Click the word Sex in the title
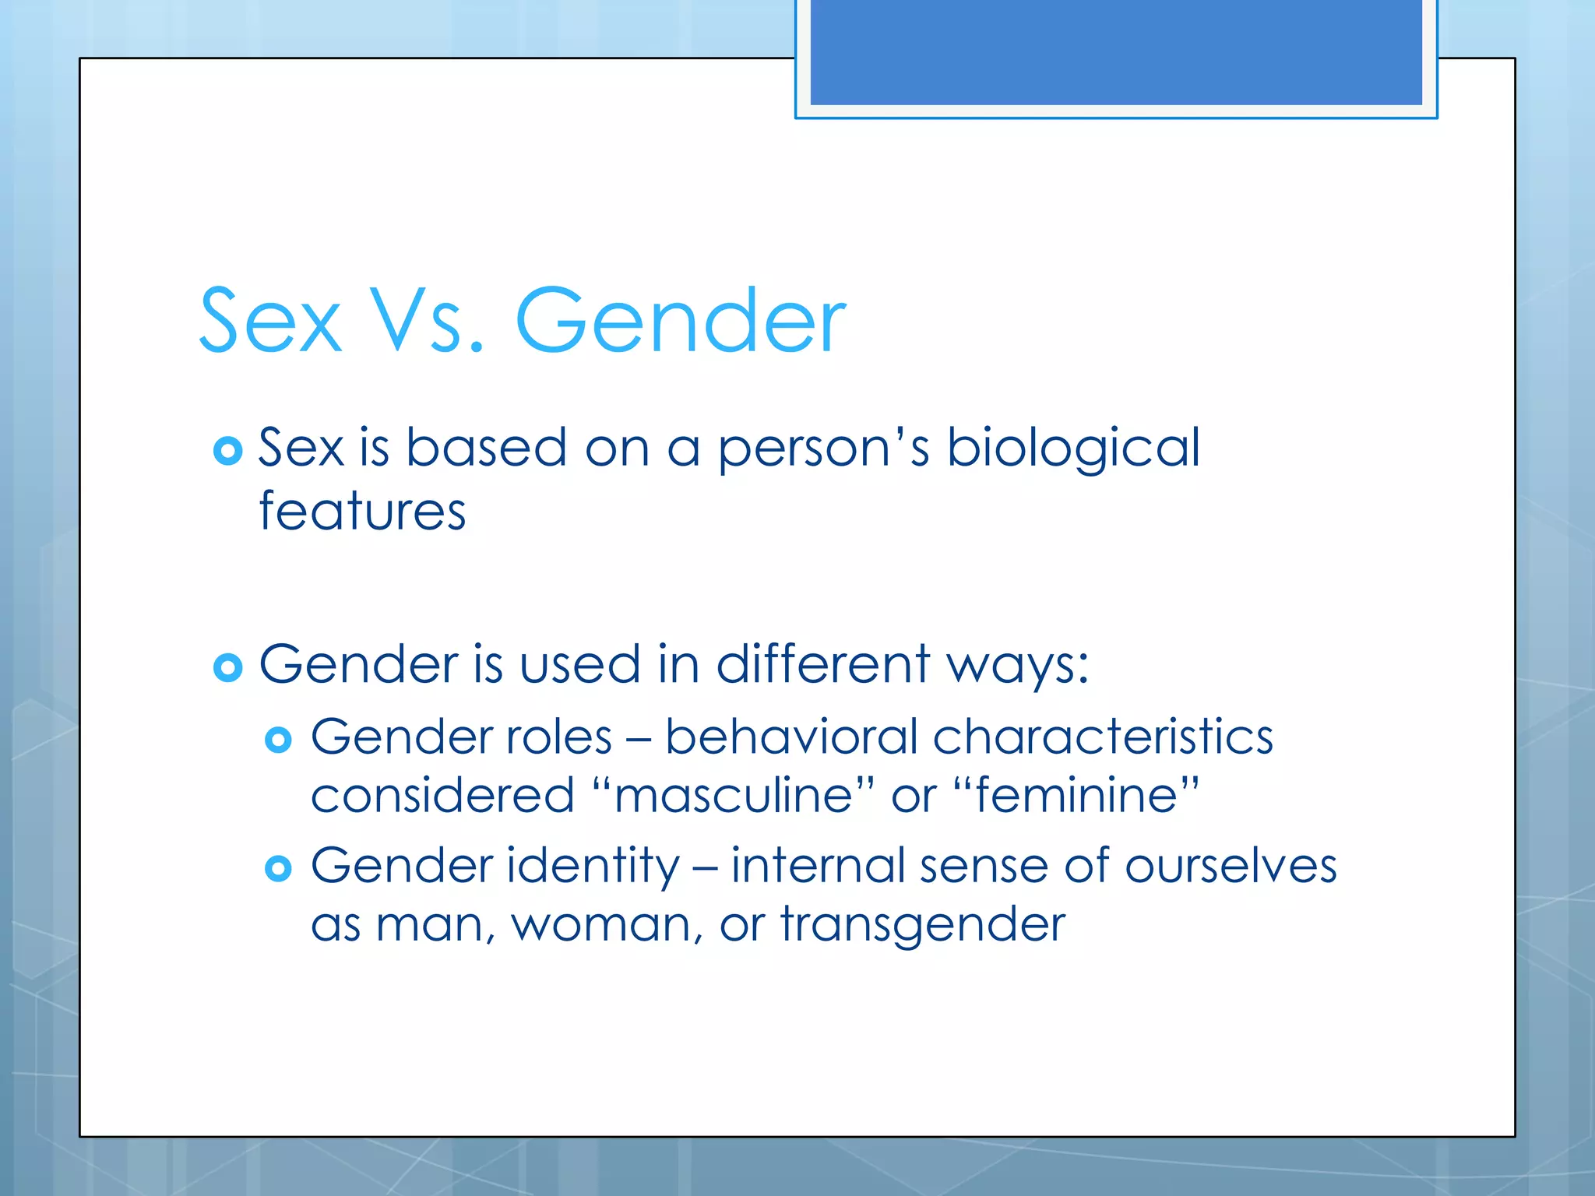coord(270,320)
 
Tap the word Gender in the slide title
coord(680,320)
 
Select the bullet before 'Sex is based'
coord(227,450)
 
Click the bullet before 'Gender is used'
coord(227,667)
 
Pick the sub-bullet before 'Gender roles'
coord(278,739)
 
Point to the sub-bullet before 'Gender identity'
coord(278,867)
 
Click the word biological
coord(1073,448)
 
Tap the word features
coord(362,512)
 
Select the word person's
coord(823,448)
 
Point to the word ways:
coord(1017,667)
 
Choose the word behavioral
coord(791,737)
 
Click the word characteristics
coord(1103,737)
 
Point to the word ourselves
coord(1231,866)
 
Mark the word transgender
coord(923,925)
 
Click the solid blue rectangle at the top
coord(1116,52)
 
